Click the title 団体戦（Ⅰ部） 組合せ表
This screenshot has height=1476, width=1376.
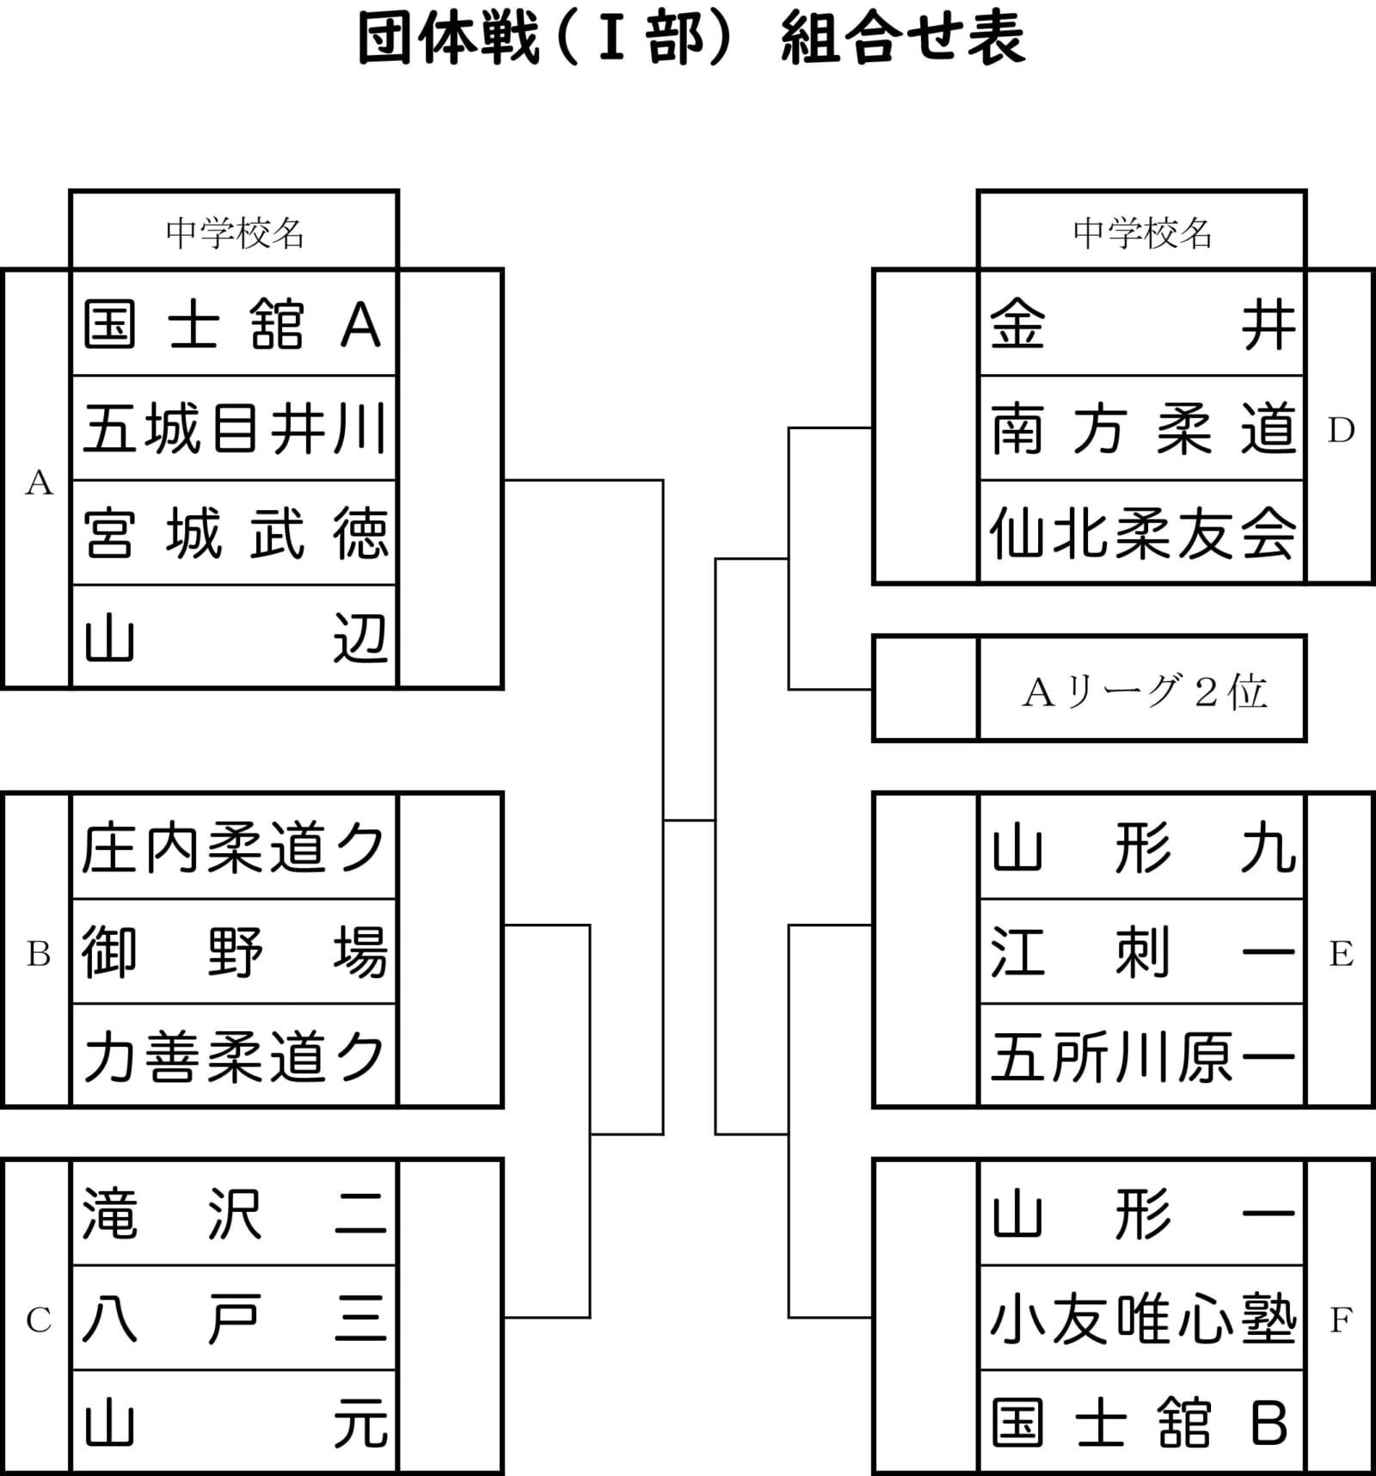pyautogui.click(x=691, y=39)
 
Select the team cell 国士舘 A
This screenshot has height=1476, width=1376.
pyautogui.click(x=234, y=324)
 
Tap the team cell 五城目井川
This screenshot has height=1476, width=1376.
pyautogui.click(x=234, y=428)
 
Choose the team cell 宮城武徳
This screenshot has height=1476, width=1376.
pyautogui.click(x=234, y=533)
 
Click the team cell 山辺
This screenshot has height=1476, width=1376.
pyautogui.click(x=234, y=637)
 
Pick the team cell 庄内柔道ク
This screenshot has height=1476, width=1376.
pyautogui.click(x=234, y=847)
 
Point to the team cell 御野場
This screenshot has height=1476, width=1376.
pyautogui.click(x=234, y=952)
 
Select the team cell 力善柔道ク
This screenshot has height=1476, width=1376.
pyautogui.click(x=234, y=1056)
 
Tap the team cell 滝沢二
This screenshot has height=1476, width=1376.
pyautogui.click(x=234, y=1214)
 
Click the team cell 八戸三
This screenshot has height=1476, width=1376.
pyautogui.click(x=234, y=1318)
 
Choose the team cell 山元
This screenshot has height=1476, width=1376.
pyautogui.click(x=234, y=1423)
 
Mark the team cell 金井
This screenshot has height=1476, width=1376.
pyautogui.click(x=1142, y=324)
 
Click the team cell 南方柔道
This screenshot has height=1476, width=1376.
pyautogui.click(x=1142, y=428)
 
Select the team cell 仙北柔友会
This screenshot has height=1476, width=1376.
pyautogui.click(x=1142, y=533)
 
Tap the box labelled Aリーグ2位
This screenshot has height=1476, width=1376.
pyautogui.click(x=1142, y=690)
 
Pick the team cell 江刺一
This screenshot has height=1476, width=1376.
pyautogui.click(x=1142, y=952)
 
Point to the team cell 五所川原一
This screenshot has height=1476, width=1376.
pyautogui.click(x=1142, y=1056)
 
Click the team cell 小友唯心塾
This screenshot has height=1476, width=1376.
pyautogui.click(x=1142, y=1318)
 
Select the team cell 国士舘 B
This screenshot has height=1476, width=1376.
pyautogui.click(x=1142, y=1423)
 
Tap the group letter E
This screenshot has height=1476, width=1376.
pyautogui.click(x=1341, y=953)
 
